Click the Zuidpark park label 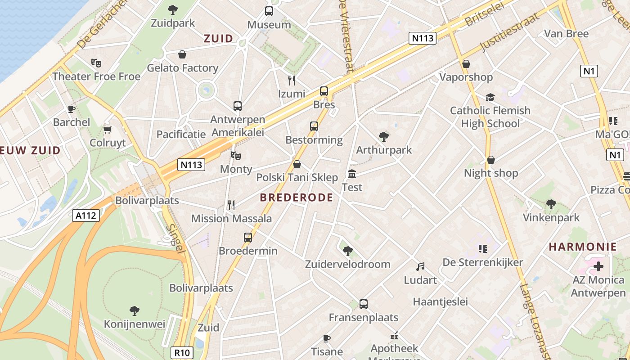click(173, 23)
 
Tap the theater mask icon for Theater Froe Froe click(96, 63)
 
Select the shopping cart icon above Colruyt click(107, 130)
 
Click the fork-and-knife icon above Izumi click(292, 80)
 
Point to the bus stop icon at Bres click(324, 91)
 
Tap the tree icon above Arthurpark click(384, 136)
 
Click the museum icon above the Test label click(352, 174)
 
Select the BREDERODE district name click(297, 198)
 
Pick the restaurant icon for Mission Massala click(231, 205)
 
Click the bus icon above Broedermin click(248, 237)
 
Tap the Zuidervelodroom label click(347, 264)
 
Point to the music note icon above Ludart click(420, 267)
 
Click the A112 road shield click(85, 216)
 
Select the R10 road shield click(182, 352)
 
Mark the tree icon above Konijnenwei click(134, 310)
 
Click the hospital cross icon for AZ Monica click(598, 266)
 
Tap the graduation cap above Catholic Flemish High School click(490, 97)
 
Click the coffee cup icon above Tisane click(327, 338)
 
